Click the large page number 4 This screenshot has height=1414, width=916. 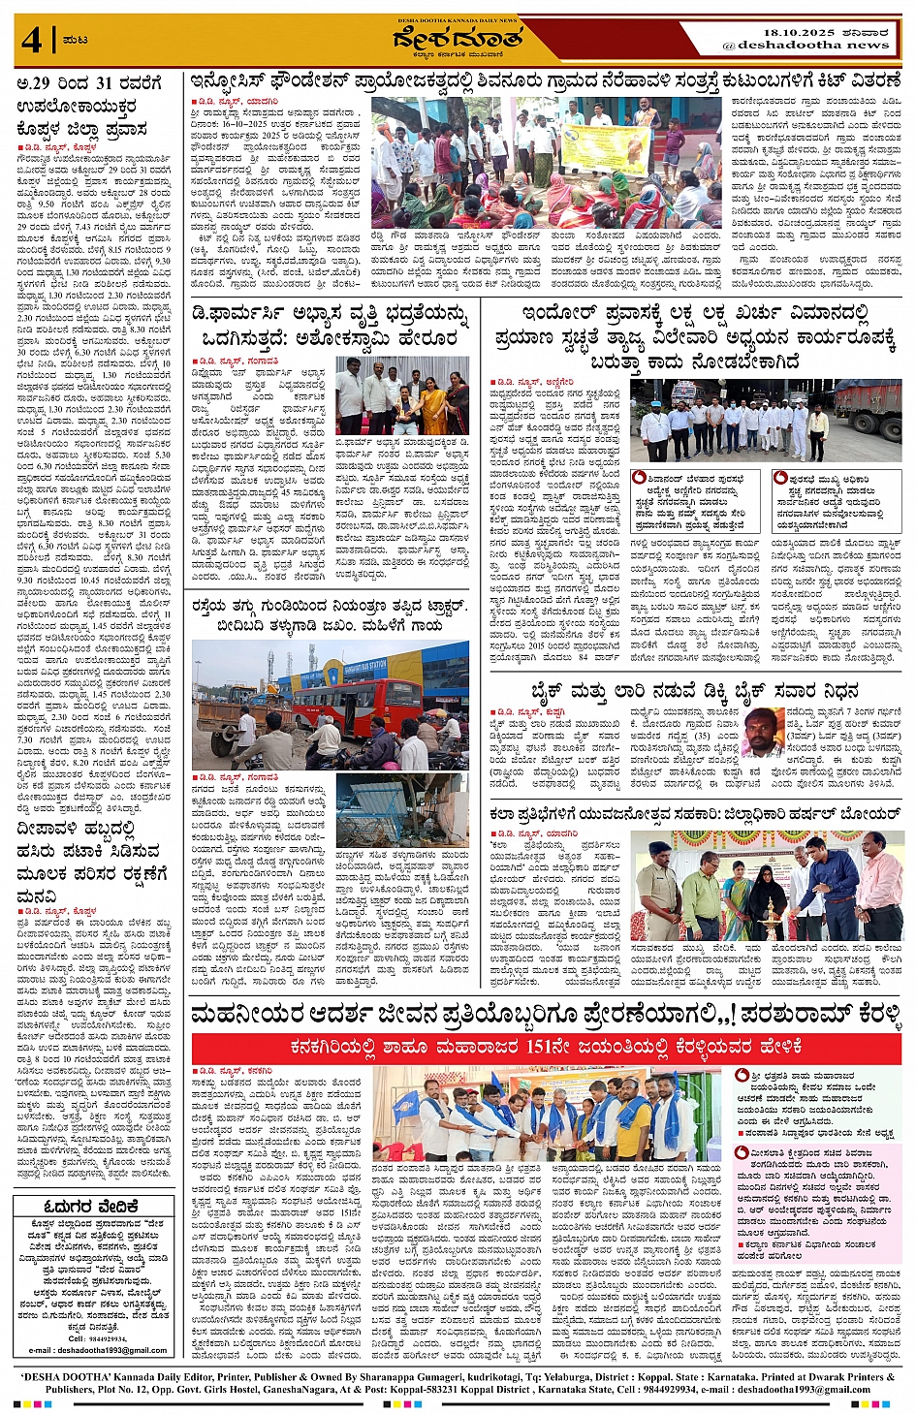(x=33, y=40)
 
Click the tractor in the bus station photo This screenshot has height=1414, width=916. (x=225, y=713)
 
